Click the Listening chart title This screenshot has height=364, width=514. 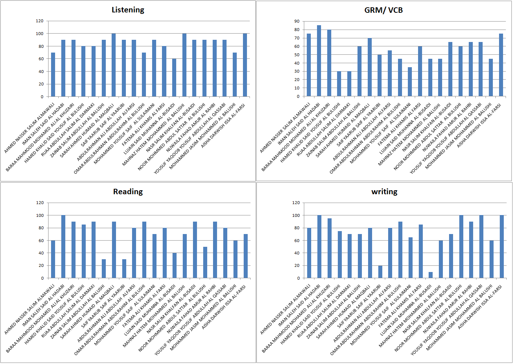tap(128, 10)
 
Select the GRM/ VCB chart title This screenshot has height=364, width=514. tap(383, 10)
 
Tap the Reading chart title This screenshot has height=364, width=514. tap(128, 192)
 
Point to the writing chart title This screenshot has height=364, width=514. tap(384, 192)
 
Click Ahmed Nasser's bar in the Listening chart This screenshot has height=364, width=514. tap(53, 74)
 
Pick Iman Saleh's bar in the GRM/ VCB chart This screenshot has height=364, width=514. tap(319, 61)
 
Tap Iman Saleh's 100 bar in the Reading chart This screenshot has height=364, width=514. tap(63, 246)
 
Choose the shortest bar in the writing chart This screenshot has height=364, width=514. tap(430, 275)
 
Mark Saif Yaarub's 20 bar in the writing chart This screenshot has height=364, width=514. tap(380, 272)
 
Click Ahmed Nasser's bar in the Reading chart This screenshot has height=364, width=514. tap(53, 259)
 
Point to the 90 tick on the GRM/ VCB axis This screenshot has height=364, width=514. tap(297, 21)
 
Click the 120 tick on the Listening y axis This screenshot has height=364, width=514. tap(39, 21)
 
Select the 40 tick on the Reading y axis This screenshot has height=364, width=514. tap(41, 253)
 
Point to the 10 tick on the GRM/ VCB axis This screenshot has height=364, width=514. tap(297, 88)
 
